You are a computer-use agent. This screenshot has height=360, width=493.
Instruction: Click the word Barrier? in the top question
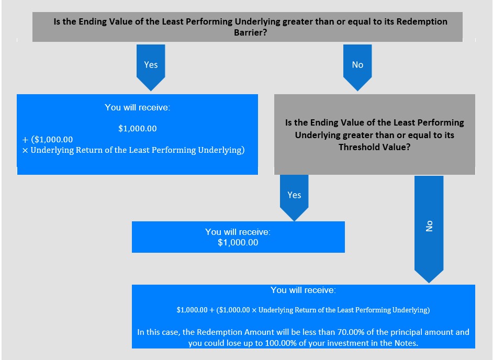click(250, 32)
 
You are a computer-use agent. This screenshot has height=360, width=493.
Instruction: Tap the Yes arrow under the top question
click(151, 67)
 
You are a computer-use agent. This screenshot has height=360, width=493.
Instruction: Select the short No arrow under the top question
click(357, 67)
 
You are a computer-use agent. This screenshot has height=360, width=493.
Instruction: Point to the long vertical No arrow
click(429, 229)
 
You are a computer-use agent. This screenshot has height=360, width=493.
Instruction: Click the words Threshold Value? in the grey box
click(375, 147)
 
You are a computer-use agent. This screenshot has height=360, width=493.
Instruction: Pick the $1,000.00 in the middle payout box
click(238, 242)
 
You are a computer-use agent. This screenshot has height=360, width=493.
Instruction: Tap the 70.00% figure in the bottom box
click(351, 332)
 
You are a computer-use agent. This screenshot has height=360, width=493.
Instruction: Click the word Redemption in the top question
click(422, 21)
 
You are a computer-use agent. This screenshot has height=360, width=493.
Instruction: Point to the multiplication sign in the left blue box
click(25, 151)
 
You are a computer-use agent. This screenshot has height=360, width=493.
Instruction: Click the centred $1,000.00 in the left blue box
click(138, 128)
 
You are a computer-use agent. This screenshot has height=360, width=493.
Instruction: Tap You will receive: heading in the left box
click(138, 107)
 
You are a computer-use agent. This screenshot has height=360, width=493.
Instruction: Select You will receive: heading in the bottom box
click(303, 290)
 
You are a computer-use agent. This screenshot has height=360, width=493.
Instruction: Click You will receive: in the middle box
click(238, 232)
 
